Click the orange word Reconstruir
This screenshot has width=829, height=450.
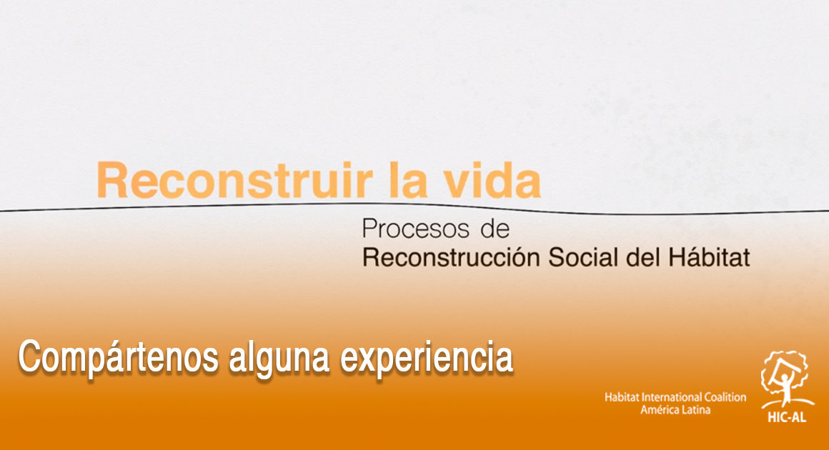[x=235, y=181]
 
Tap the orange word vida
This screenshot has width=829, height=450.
[x=492, y=181]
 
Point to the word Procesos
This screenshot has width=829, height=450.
[x=415, y=229]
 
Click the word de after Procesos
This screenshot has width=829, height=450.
[x=495, y=229]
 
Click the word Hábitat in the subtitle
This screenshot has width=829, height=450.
[x=709, y=257]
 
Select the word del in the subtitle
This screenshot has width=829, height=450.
[x=643, y=257]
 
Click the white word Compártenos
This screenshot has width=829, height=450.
[x=119, y=358]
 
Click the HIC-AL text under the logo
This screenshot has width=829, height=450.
[x=787, y=417]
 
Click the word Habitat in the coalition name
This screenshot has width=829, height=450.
[x=622, y=397]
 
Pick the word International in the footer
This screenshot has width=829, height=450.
[x=671, y=397]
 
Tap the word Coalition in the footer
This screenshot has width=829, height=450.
[x=725, y=397]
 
